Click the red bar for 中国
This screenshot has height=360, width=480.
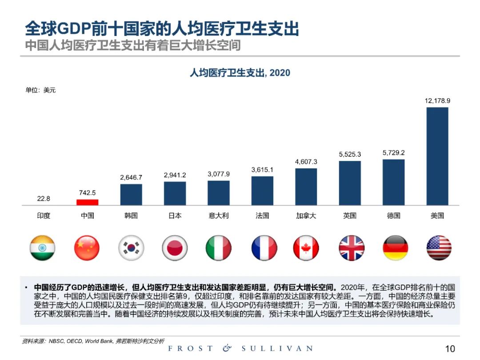[88, 202]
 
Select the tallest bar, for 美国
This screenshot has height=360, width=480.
[437, 156]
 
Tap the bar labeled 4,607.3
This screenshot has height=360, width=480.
[306, 187]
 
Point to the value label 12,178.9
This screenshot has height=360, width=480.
[437, 101]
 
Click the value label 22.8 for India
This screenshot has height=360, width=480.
[44, 199]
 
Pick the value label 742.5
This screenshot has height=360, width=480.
[88, 193]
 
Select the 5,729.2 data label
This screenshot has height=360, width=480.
[394, 153]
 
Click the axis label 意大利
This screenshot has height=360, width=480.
[219, 216]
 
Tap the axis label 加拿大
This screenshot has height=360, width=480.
[306, 216]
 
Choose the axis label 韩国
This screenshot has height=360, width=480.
[131, 216]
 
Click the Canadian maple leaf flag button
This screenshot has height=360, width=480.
[306, 248]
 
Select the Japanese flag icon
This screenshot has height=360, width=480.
[175, 248]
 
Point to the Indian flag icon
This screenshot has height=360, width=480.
[43, 248]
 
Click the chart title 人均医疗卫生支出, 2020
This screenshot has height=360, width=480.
[240, 72]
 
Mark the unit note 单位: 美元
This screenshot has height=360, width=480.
[40, 90]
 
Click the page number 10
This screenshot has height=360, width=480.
[450, 348]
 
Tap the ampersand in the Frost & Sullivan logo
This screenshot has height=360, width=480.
[227, 348]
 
